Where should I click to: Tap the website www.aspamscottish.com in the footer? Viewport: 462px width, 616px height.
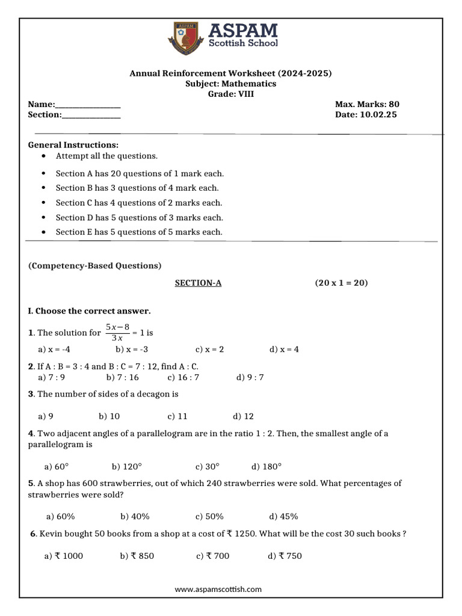218,590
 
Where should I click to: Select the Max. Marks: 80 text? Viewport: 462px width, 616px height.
367,104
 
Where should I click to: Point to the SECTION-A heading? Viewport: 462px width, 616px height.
198,283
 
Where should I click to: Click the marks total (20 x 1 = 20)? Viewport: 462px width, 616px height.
341,283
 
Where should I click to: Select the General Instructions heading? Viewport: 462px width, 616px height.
73,145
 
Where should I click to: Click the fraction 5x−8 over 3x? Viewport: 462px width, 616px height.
117,332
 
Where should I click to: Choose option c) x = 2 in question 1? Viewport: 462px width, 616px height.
209,350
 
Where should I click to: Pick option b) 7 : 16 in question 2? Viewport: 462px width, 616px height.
122,377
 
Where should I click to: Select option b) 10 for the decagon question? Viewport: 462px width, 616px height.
109,416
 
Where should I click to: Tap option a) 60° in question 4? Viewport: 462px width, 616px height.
57,466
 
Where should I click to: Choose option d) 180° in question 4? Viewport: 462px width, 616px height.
266,466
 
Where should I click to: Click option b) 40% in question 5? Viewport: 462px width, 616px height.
135,516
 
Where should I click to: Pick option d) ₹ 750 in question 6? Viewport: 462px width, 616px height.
285,556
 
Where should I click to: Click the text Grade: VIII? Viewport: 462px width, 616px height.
231,94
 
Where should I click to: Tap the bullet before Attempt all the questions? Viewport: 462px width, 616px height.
45,156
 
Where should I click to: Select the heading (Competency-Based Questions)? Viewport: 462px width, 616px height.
94,265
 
